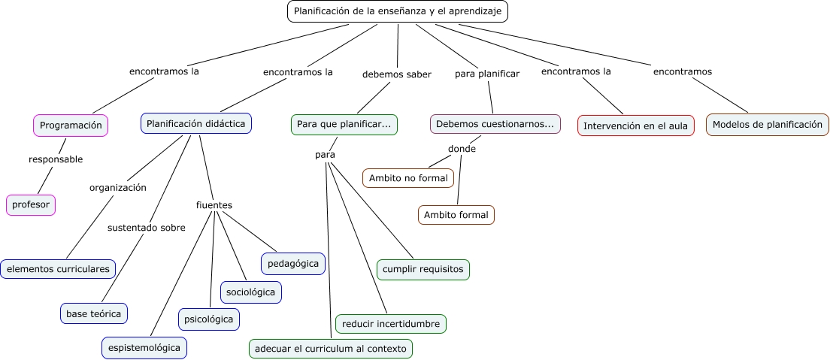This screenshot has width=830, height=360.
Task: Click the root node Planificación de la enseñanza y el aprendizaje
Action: (398, 11)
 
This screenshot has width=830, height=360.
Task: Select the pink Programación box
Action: (71, 126)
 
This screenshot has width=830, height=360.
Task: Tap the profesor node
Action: (31, 204)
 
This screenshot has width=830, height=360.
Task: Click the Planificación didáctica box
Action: (195, 123)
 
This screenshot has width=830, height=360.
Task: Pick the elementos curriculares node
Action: (58, 268)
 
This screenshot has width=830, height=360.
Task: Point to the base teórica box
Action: (93, 313)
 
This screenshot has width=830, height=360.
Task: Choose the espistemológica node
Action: (144, 348)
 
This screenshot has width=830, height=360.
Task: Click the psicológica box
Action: (209, 319)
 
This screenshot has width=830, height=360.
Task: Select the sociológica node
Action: (251, 292)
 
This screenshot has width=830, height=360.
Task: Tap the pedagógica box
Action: (293, 263)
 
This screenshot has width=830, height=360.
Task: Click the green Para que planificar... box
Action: (344, 124)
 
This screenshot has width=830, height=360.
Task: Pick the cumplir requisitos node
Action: (423, 269)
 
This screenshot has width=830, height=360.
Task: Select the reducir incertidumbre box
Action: (391, 324)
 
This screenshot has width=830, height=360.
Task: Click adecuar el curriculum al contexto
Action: (331, 349)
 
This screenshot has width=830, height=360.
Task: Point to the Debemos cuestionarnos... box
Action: (495, 124)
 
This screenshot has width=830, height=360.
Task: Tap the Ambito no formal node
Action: (408, 178)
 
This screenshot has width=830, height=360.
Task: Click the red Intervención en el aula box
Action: (636, 126)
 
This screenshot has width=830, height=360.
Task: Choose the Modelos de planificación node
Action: (768, 125)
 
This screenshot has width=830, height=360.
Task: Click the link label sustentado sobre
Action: (146, 228)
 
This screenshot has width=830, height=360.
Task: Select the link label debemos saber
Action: (397, 74)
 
